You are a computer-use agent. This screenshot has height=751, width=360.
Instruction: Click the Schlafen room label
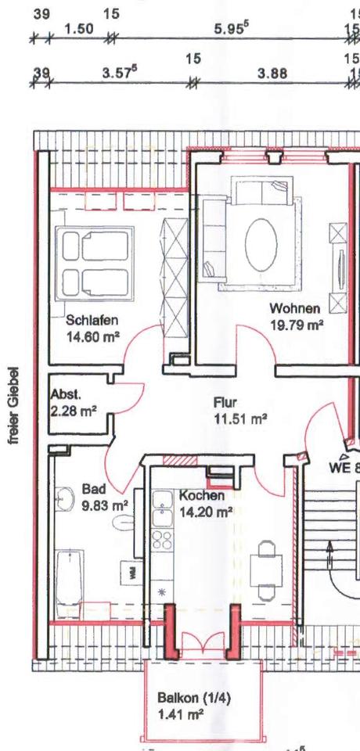(x=92, y=319)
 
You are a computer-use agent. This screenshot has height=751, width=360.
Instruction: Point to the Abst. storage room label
(x=66, y=396)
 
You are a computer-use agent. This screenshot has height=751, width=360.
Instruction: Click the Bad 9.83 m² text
(x=104, y=498)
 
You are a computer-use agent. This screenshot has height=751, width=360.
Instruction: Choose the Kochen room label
(x=201, y=496)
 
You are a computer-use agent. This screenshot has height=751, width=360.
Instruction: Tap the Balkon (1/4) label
(x=188, y=697)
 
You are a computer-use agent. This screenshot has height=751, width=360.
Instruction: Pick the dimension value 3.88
(x=272, y=74)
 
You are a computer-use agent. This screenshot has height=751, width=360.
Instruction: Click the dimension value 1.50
(x=78, y=29)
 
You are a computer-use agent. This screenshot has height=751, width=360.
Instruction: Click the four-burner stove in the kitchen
(x=161, y=540)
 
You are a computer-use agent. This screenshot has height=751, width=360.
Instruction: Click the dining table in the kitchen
(x=265, y=567)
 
